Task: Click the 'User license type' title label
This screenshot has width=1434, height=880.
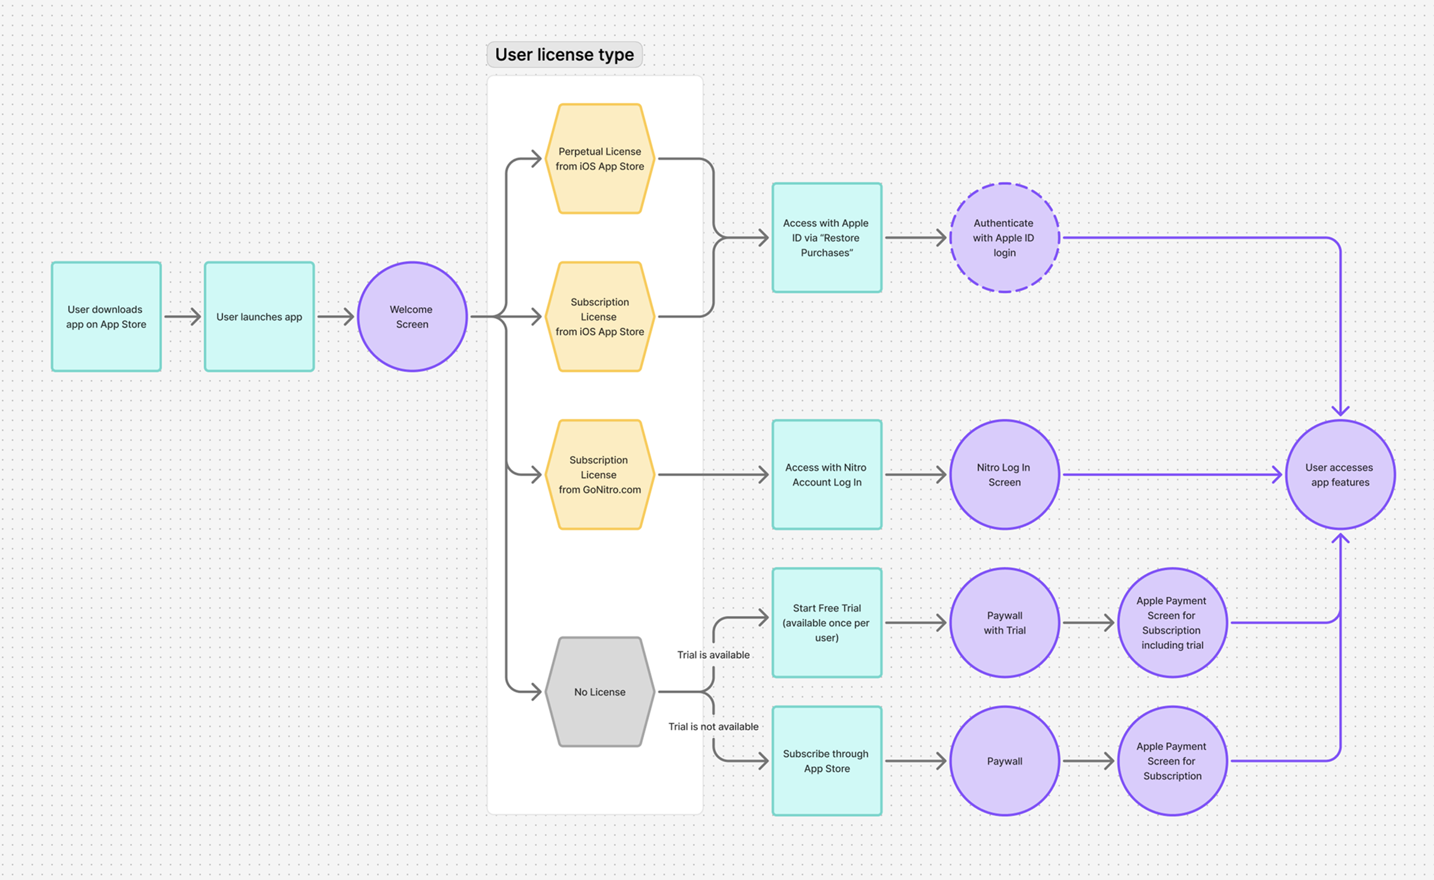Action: (564, 55)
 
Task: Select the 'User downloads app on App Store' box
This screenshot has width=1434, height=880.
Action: (106, 317)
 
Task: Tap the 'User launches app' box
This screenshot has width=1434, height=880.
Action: (259, 317)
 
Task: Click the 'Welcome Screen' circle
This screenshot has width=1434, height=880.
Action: (412, 317)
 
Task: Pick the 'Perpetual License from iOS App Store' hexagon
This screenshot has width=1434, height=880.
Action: (599, 159)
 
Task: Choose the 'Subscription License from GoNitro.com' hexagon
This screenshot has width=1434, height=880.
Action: (599, 475)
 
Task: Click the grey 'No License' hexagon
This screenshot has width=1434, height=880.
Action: (599, 692)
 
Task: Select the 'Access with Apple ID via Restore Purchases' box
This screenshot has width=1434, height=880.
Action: (826, 237)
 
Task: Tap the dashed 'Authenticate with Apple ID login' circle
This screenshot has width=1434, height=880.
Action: (1004, 237)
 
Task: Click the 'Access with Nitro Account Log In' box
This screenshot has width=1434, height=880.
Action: (826, 475)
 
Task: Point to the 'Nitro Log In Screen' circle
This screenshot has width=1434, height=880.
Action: (1004, 475)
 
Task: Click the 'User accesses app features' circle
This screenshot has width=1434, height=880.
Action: (1339, 475)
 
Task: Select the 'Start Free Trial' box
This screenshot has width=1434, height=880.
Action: (826, 622)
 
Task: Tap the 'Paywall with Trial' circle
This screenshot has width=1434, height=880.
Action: (1004, 622)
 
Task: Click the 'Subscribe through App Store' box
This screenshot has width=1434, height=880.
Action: (826, 761)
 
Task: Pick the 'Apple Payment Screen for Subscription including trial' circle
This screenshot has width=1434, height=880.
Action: (1171, 622)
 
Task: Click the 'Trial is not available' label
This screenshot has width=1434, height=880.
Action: (713, 727)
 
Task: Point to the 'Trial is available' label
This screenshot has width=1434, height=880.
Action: (713, 655)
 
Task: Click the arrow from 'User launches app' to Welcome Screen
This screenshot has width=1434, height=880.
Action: (336, 317)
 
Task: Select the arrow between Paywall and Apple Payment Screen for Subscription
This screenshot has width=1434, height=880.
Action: (1088, 761)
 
